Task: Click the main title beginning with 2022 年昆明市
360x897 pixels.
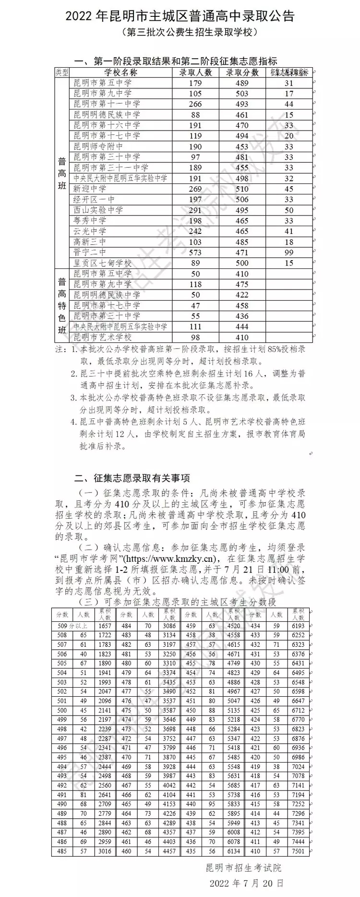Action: (x=180, y=16)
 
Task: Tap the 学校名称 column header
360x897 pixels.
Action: (x=120, y=72)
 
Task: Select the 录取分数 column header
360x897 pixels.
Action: (x=242, y=72)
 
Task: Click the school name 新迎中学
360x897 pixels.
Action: (x=90, y=189)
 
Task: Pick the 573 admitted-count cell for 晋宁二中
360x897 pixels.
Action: (x=195, y=253)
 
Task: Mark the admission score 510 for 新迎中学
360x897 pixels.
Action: (x=242, y=189)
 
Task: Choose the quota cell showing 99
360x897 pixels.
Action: (x=288, y=253)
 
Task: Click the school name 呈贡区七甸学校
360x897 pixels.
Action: (x=102, y=263)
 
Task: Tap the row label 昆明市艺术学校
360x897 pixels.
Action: (x=102, y=338)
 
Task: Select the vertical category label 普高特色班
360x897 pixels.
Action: (x=62, y=305)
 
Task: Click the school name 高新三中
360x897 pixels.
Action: (x=90, y=242)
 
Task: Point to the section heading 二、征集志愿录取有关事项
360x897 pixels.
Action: (x=132, y=478)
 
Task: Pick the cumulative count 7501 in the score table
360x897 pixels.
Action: (x=298, y=851)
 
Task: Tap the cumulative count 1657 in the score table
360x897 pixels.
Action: (x=105, y=626)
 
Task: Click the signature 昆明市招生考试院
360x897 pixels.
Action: (x=243, y=868)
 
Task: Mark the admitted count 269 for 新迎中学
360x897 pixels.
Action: (x=195, y=189)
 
